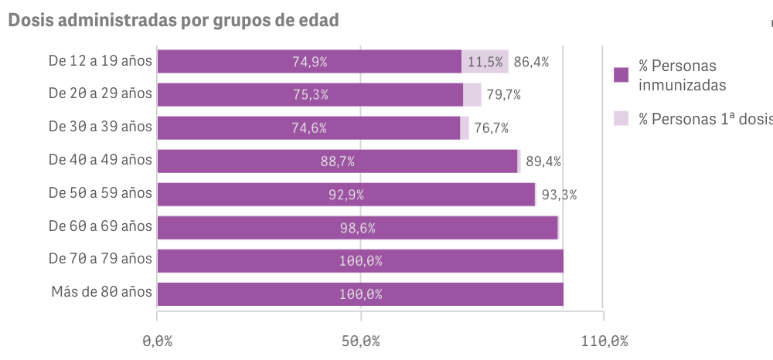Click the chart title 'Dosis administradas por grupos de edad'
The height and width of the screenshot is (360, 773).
[173, 21]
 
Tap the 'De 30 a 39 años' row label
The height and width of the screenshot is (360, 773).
[100, 127]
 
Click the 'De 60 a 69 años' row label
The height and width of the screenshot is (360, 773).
[100, 226]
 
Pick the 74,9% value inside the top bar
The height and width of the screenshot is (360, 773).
[309, 62]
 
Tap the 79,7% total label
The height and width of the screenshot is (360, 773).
[505, 95]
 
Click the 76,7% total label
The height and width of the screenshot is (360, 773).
[492, 128]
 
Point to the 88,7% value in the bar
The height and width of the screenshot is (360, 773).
[337, 161]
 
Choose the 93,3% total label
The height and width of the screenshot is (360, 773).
[559, 195]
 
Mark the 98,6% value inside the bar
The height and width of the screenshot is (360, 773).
[357, 228]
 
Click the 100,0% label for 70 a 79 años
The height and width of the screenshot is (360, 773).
[360, 261]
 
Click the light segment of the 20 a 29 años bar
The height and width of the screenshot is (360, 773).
[472, 95]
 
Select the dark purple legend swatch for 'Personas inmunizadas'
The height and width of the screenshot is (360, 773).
[621, 75]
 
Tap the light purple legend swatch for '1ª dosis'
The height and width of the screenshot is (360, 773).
[621, 118]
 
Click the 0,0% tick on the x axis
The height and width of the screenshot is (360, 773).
[157, 341]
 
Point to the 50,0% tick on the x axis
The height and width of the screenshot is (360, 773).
[360, 341]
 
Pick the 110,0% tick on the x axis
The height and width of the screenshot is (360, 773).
[603, 341]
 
